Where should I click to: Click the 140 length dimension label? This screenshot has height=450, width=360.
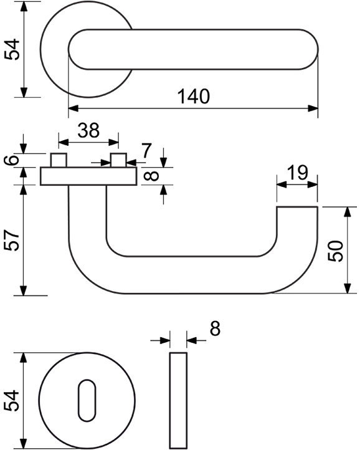pyautogui.click(x=194, y=97)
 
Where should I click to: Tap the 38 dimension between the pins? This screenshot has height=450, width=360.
pyautogui.click(x=88, y=130)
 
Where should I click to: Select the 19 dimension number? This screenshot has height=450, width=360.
pyautogui.click(x=298, y=173)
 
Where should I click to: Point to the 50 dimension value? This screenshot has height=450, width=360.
pyautogui.click(x=336, y=251)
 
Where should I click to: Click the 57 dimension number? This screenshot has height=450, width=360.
pyautogui.click(x=12, y=240)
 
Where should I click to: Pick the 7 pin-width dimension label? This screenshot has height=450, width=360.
pyautogui.click(x=146, y=151)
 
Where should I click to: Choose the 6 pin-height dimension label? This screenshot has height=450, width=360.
pyautogui.click(x=12, y=160)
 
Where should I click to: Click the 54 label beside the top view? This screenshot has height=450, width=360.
pyautogui.click(x=12, y=49)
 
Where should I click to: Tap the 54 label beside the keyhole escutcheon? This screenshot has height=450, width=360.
pyautogui.click(x=11, y=401)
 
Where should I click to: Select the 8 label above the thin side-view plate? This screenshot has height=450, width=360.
pyautogui.click(x=215, y=328)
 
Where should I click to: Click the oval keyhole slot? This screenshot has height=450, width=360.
pyautogui.click(x=87, y=401)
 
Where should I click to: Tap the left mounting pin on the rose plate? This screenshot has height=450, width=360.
pyautogui.click(x=59, y=160)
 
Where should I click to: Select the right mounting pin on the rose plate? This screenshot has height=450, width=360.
pyautogui.click(x=119, y=160)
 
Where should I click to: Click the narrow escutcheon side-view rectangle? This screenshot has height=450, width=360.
pyautogui.click(x=178, y=400)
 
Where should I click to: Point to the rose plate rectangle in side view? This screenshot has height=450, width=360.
pyautogui.click(x=88, y=176)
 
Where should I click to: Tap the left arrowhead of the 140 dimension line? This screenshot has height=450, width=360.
pyautogui.click(x=73, y=108)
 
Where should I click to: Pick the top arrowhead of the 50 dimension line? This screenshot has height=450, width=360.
pyautogui.click(x=348, y=212)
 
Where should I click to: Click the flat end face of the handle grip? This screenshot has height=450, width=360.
pyautogui.click(x=297, y=207)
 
